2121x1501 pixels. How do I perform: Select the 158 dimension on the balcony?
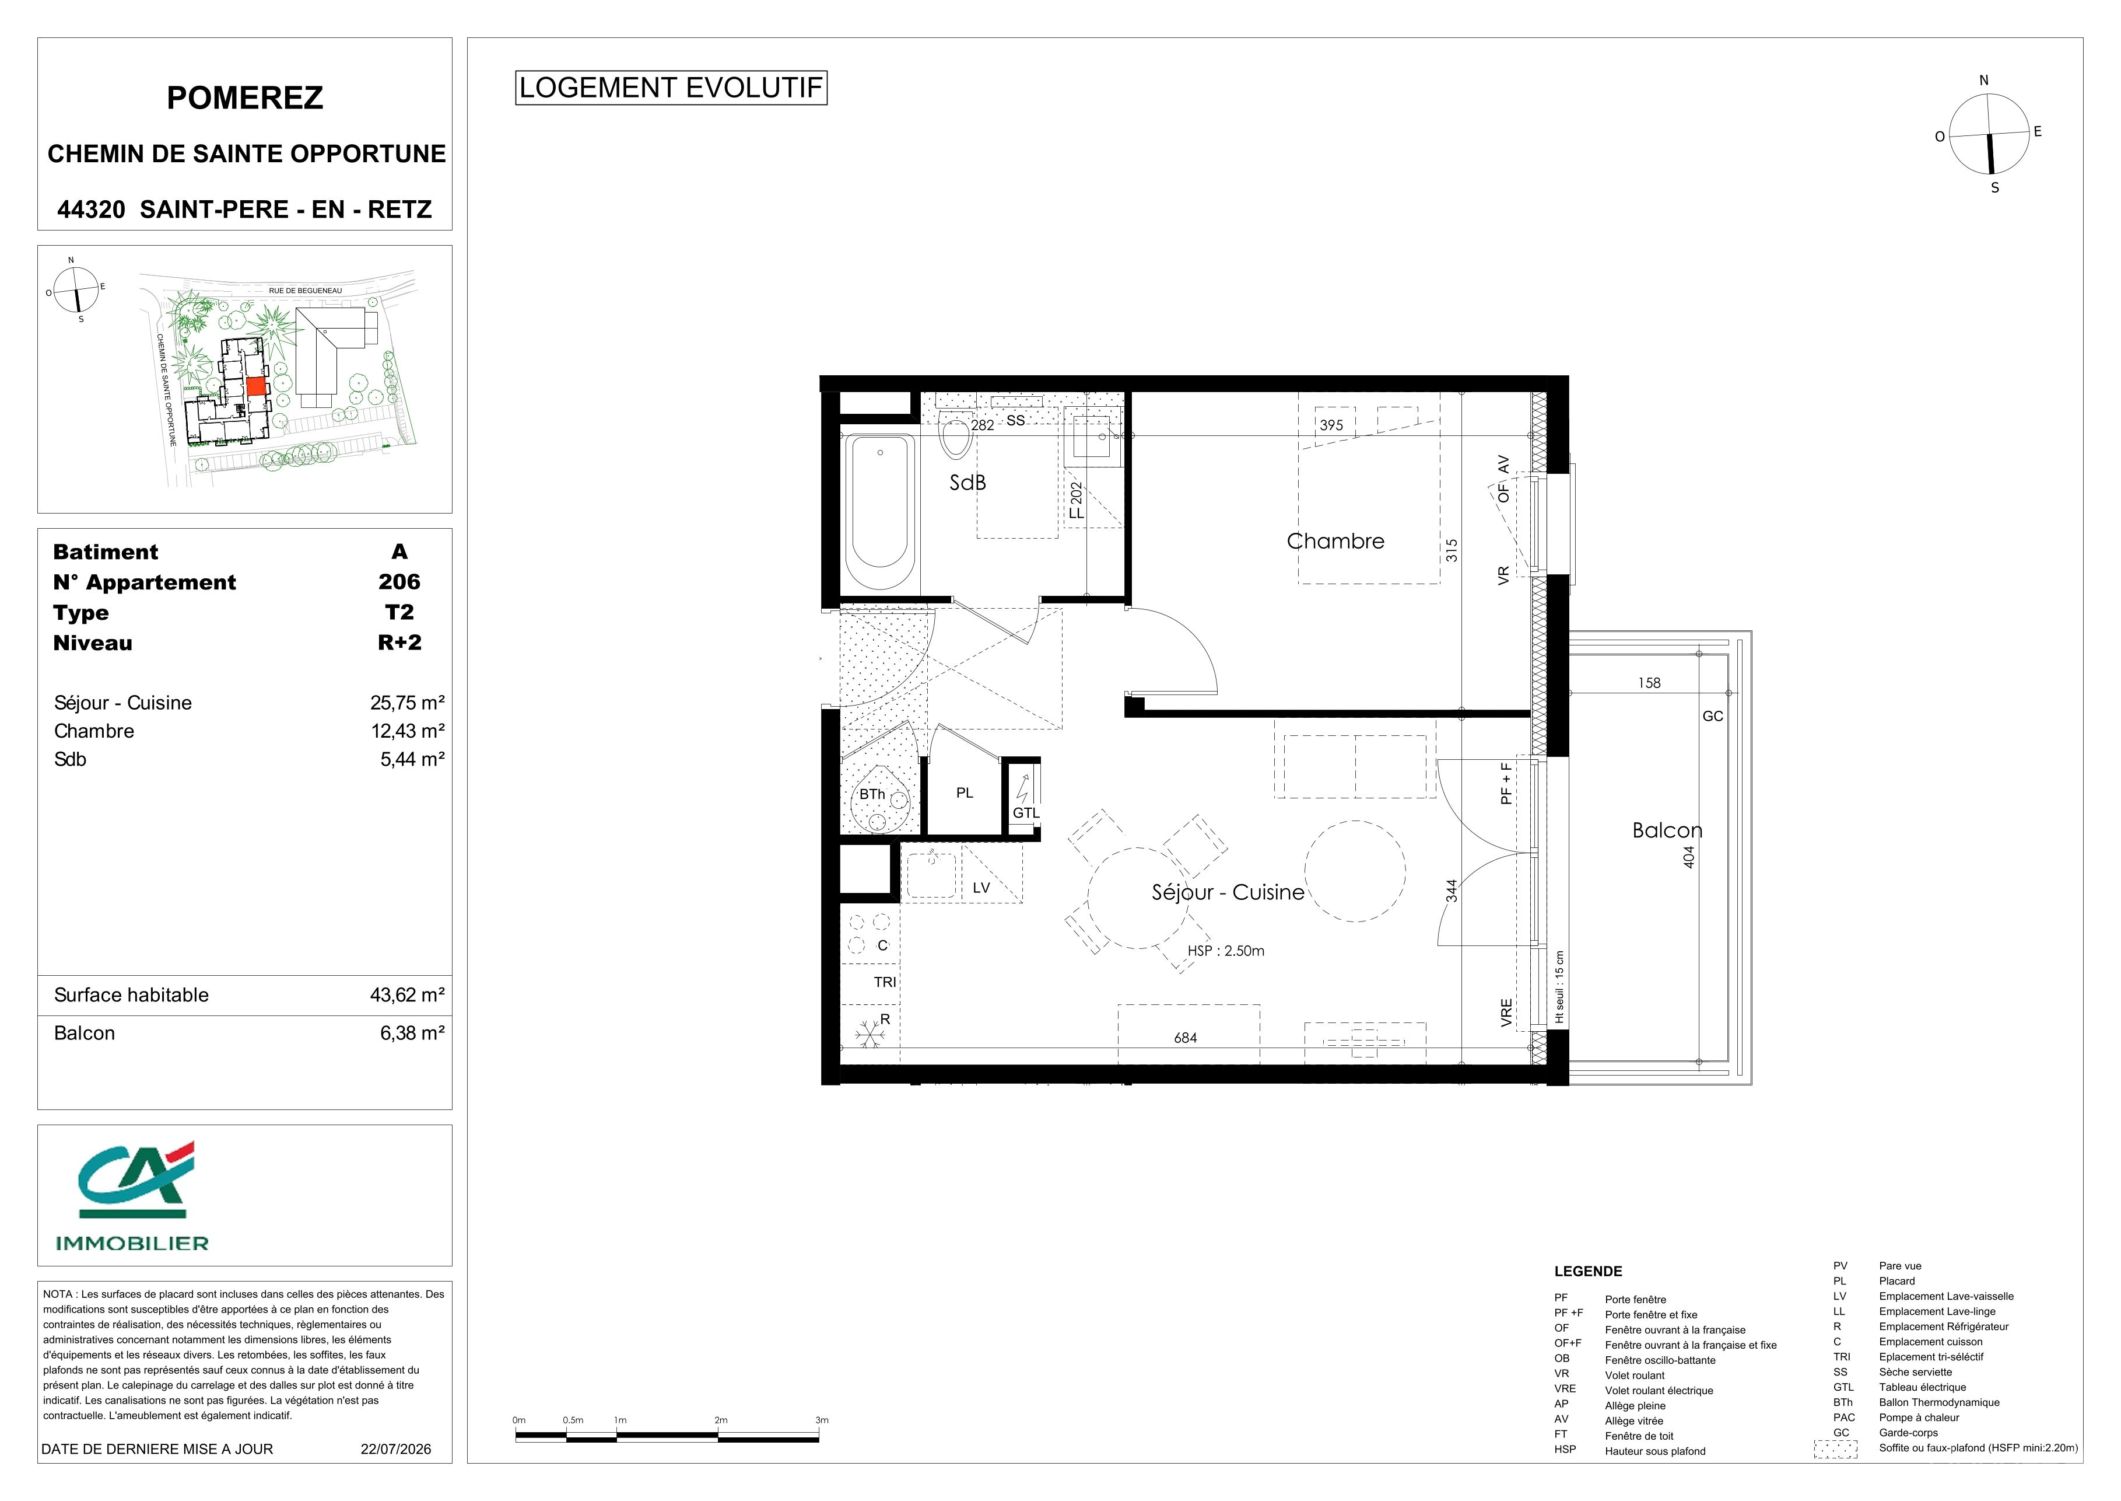pyautogui.click(x=1649, y=683)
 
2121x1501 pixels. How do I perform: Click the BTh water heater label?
pyautogui.click(x=872, y=794)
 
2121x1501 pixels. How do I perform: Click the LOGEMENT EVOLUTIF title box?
pyautogui.click(x=671, y=88)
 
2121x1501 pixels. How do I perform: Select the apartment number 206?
pyautogui.click(x=399, y=582)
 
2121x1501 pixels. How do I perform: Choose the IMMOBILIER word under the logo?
pyautogui.click(x=132, y=1243)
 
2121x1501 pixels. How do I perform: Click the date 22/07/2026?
pyautogui.click(x=395, y=1449)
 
